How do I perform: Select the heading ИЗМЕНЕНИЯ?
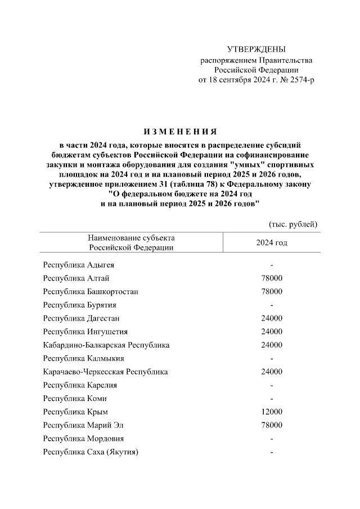point(180,132)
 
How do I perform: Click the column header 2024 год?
point(272,242)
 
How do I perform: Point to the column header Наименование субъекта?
point(131,238)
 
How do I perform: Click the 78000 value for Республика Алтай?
point(272,278)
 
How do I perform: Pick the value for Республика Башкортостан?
point(272,291)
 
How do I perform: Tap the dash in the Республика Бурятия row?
point(272,305)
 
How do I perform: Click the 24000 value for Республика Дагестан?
point(272,318)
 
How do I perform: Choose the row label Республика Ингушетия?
point(85,331)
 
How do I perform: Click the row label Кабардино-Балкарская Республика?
point(106,345)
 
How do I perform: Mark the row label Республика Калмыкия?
point(83,358)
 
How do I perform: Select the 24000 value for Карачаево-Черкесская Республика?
point(272,372)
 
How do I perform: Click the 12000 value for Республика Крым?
point(272,412)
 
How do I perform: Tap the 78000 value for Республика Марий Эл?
point(272,425)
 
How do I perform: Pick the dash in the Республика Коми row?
point(272,399)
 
